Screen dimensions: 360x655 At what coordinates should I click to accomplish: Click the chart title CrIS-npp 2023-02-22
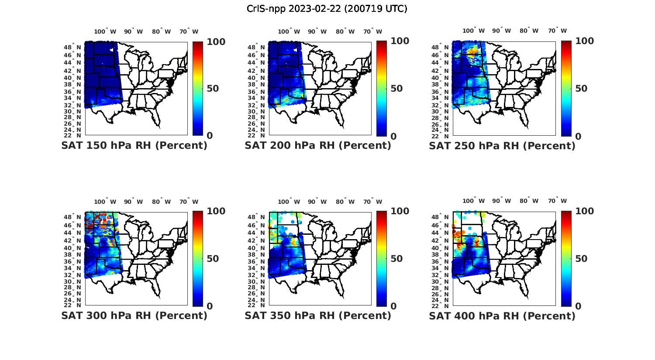tap(327, 9)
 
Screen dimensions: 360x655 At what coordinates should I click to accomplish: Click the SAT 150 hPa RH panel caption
tap(134, 146)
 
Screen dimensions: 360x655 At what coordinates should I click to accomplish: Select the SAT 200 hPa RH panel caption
tap(318, 146)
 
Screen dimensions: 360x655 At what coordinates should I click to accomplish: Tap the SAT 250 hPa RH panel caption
tap(502, 146)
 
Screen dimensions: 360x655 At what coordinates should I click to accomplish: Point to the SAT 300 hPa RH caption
tap(134, 315)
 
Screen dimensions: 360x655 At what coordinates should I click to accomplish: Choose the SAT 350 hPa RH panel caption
tap(318, 315)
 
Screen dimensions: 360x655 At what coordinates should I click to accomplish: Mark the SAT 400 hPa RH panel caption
tap(502, 315)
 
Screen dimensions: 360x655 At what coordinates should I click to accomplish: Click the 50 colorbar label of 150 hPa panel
tap(213, 89)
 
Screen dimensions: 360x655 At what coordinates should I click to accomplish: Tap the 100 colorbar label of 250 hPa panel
tap(585, 41)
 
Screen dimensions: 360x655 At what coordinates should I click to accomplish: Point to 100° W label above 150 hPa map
tap(105, 31)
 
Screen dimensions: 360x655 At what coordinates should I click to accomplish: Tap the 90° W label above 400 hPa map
tap(501, 201)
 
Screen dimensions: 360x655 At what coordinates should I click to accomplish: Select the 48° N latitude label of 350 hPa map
tap(260, 217)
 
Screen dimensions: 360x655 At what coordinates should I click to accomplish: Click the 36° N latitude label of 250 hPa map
tap(444, 92)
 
